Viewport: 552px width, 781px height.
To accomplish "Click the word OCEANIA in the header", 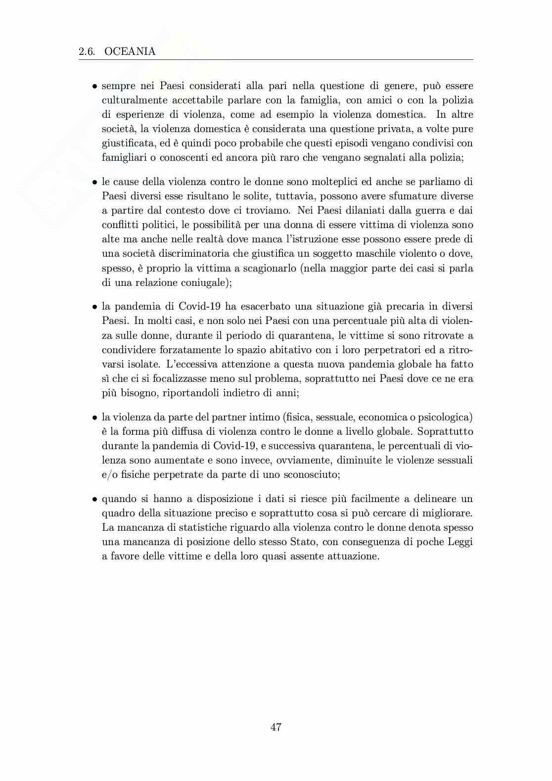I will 130,51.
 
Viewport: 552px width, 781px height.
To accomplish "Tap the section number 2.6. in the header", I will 87,51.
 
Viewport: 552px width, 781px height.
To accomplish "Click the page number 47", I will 276,727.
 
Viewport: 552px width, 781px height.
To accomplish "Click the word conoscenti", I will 184,158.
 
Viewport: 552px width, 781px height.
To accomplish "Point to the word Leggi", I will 460,542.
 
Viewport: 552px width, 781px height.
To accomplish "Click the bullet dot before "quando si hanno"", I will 94,499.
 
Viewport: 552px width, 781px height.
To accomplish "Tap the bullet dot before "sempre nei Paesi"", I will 94,87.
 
